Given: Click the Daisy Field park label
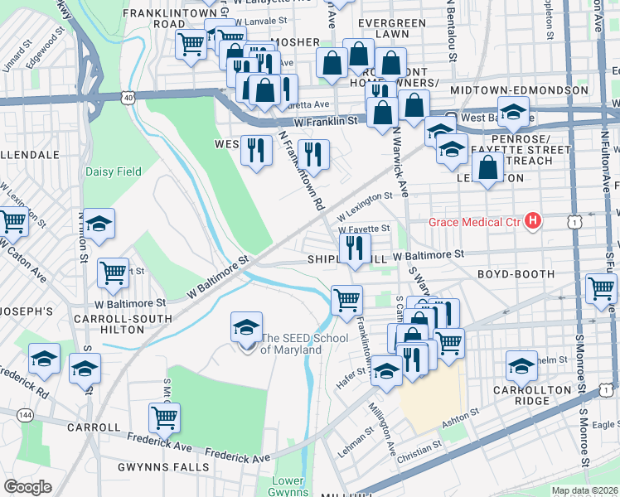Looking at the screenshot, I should point(113,171).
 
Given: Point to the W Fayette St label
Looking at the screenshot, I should point(363,228).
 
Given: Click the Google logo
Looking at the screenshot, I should point(27,487).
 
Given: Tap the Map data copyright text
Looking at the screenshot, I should point(584,490).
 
